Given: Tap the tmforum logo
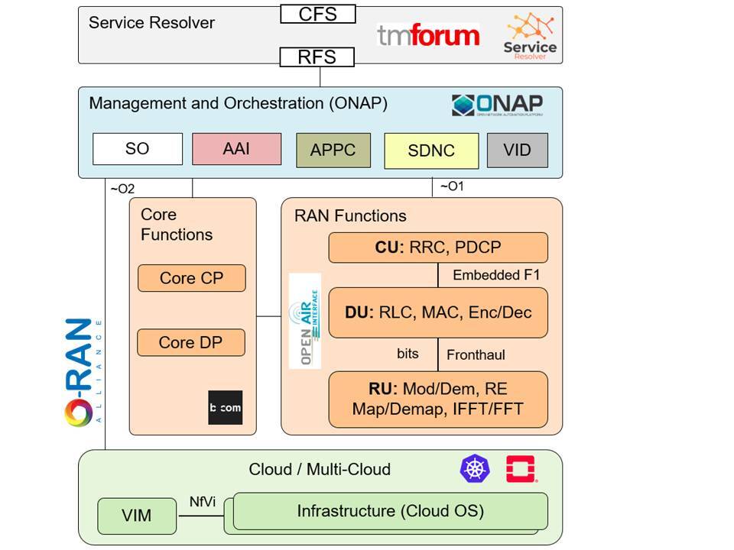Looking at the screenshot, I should pyautogui.click(x=428, y=34).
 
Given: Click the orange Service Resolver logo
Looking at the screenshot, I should pyautogui.click(x=530, y=35).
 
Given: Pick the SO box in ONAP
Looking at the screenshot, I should pyautogui.click(x=138, y=149).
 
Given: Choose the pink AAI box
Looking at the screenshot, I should pyautogui.click(x=236, y=149).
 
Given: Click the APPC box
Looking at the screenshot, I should pyautogui.click(x=333, y=150).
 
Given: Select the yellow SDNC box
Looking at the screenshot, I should pyautogui.click(x=431, y=150).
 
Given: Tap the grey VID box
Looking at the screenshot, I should pyautogui.click(x=518, y=150).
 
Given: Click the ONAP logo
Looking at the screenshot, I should pyautogui.click(x=497, y=105).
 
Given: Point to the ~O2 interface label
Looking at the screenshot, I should pyautogui.click(x=122, y=189).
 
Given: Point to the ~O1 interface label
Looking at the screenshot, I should pyautogui.click(x=452, y=186).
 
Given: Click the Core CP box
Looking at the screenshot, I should pyautogui.click(x=191, y=278).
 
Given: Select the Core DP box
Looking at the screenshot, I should pyautogui.click(x=191, y=342).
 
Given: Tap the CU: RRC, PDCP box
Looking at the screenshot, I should pyautogui.click(x=438, y=247).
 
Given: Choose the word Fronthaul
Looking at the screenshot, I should pyautogui.click(x=476, y=354).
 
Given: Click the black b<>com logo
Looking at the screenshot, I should pyautogui.click(x=225, y=407).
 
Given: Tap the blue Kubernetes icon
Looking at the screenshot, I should pyautogui.click(x=475, y=468).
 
